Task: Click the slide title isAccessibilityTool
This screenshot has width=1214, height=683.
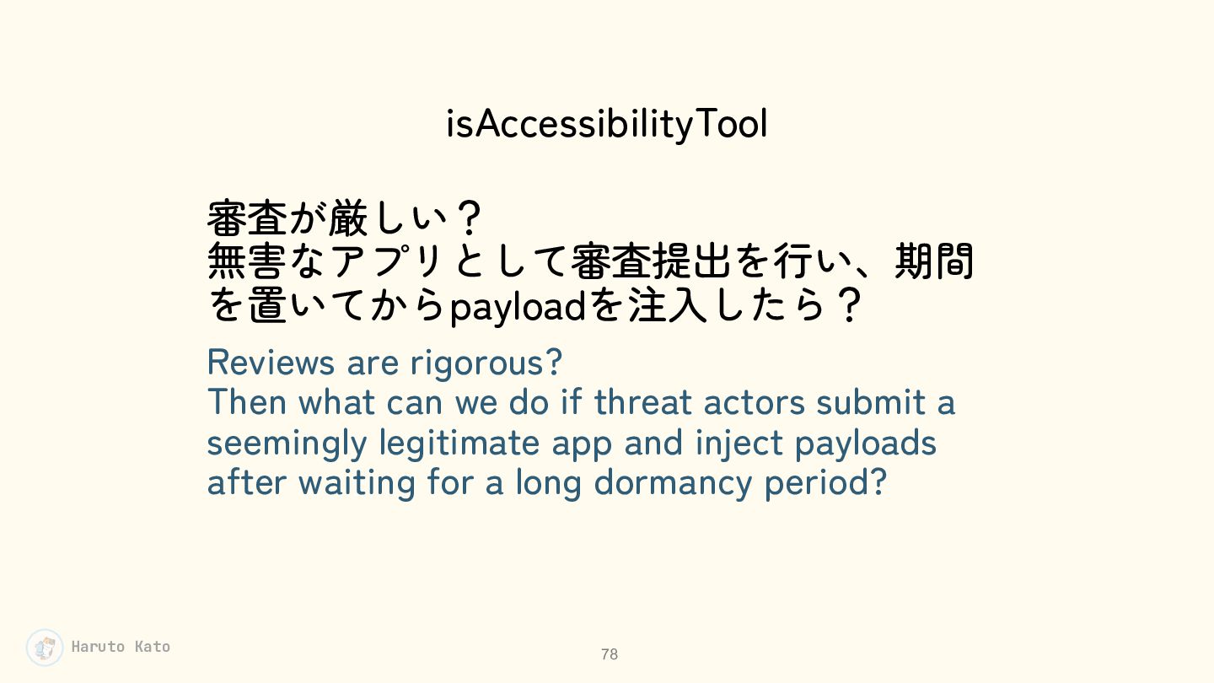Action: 606,124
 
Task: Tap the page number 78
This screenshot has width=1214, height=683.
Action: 610,654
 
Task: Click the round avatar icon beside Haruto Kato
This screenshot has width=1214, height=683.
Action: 45,648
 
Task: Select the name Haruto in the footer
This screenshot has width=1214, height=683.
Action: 98,647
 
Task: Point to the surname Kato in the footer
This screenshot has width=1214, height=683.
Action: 153,647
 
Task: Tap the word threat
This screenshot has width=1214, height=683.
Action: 642,403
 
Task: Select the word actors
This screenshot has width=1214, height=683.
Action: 755,404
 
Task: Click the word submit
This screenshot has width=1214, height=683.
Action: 871,403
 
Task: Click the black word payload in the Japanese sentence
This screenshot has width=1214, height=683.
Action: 518,308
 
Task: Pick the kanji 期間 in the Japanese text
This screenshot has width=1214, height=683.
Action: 935,261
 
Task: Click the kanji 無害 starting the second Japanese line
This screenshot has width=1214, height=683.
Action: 246,261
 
